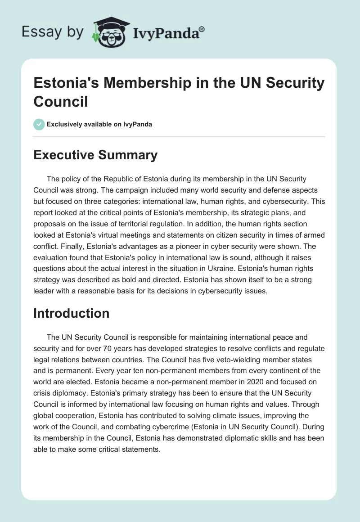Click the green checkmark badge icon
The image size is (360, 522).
coord(39,124)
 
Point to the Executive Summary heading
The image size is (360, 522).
coord(95,155)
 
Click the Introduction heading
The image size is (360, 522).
coord(71,313)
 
